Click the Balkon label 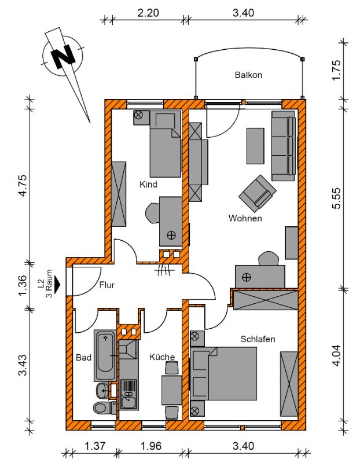point(248,75)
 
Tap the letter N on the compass point(63,56)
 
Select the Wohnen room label point(245,218)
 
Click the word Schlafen point(258,339)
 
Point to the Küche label point(162,357)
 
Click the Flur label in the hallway point(107,285)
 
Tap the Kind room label point(148,185)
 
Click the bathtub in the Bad point(105,355)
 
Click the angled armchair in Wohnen point(258,193)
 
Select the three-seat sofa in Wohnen point(284,146)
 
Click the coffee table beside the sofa point(255,146)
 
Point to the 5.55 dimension point(337,198)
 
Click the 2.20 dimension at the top point(148,13)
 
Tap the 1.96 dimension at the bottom point(151,446)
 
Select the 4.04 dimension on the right point(337,355)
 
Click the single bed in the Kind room point(166,144)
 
